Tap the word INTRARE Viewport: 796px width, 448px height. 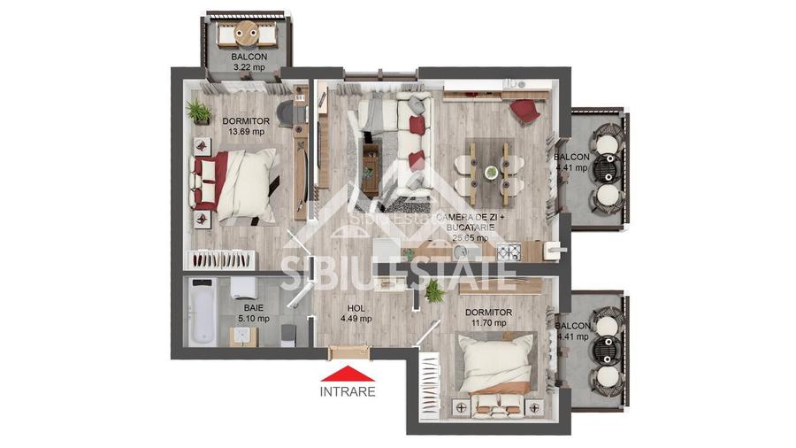(348, 390)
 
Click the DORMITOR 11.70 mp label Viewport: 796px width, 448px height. (487, 318)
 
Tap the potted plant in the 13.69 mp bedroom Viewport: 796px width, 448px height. (198, 112)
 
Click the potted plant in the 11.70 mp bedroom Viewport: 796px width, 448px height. (433, 291)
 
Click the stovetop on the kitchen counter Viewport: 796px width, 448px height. (510, 251)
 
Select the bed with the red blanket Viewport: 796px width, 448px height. (237, 184)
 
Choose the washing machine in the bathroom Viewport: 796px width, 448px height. (241, 290)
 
